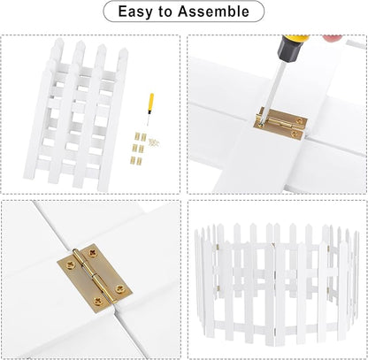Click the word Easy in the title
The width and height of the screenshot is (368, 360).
tap(135, 11)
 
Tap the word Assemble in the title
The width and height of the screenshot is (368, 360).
tap(213, 11)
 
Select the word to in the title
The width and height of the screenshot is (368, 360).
tap(165, 11)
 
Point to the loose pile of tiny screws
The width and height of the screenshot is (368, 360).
tap(154, 142)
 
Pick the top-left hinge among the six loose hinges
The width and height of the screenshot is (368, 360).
tap(136, 136)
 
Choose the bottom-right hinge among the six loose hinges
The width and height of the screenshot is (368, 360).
tap(140, 161)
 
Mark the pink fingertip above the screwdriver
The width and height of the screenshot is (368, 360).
tap(333, 38)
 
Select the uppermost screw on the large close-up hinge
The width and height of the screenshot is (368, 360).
tap(93, 253)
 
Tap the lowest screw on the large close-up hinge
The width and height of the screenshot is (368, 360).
tap(97, 302)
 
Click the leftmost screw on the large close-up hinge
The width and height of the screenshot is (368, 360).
tap(71, 264)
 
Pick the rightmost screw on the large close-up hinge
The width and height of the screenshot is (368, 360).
tap(120, 289)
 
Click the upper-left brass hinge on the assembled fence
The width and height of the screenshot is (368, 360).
tap(218, 247)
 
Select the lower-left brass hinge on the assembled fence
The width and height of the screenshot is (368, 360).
tap(218, 288)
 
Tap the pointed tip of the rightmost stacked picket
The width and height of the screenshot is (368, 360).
tap(123, 50)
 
